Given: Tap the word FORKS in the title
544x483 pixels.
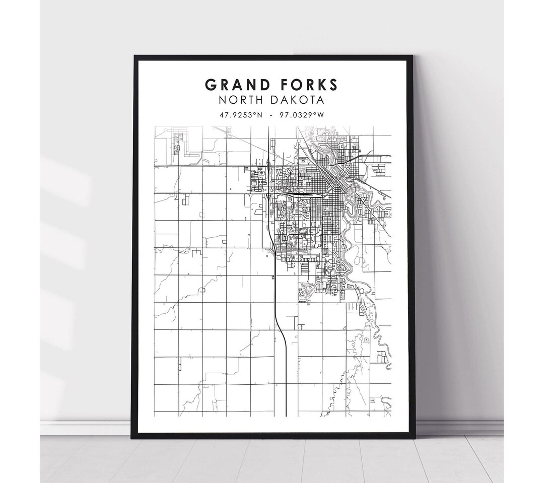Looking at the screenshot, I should click(x=306, y=84).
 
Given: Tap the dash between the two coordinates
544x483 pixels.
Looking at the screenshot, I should click(x=271, y=115).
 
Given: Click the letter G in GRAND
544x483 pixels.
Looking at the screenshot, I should click(x=210, y=84).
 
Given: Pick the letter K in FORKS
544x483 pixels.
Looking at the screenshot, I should click(x=319, y=84).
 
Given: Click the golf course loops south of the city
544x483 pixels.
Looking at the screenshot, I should click(x=308, y=289).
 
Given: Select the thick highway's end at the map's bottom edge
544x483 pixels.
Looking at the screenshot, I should click(x=286, y=414).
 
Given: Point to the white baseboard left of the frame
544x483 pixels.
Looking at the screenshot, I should click(x=86, y=428).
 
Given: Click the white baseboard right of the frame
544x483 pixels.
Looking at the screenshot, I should click(x=458, y=428).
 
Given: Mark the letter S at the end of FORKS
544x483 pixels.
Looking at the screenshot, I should click(x=333, y=84).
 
